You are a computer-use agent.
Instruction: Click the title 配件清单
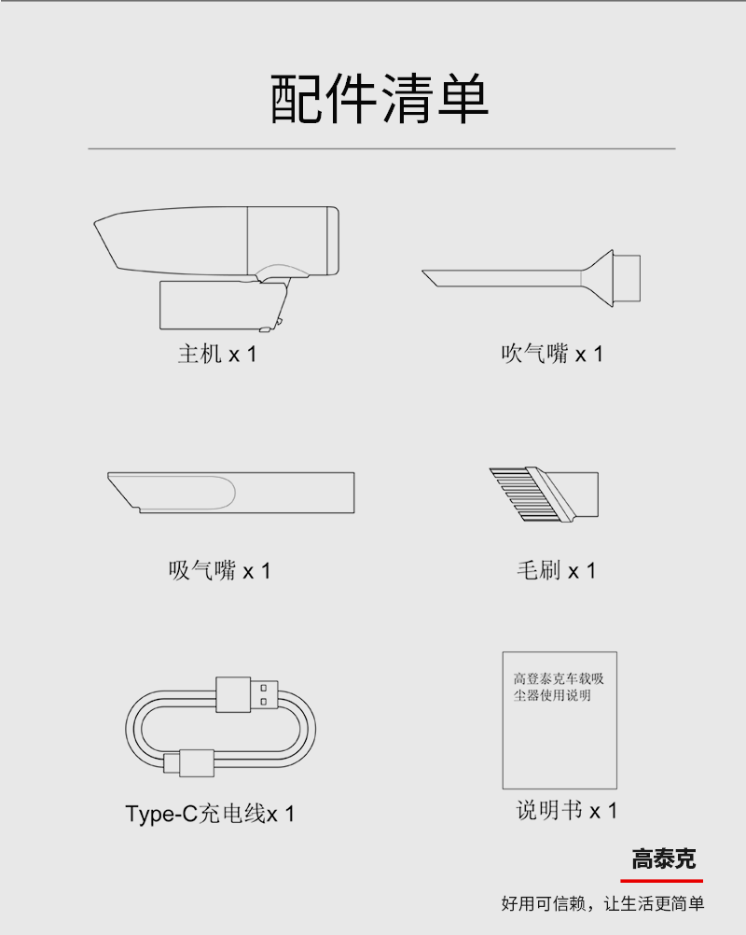pos(380,99)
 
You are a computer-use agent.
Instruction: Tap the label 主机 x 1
pos(217,355)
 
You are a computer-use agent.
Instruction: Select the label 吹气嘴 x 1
pos(552,355)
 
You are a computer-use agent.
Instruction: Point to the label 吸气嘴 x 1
pos(219,571)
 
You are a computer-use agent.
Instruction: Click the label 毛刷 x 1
pos(556,571)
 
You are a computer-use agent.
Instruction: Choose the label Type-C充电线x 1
pos(210,814)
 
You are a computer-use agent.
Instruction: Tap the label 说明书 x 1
pos(567,810)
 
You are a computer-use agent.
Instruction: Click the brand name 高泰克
pos(663,858)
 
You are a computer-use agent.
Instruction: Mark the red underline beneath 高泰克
pos(661,880)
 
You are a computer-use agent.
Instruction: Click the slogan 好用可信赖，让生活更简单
pos(602,903)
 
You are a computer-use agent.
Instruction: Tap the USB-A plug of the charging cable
pos(247,694)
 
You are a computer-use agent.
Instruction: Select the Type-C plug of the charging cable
pos(189,763)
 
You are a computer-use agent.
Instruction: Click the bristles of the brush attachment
pos(516,494)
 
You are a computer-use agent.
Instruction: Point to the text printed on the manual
pos(559,687)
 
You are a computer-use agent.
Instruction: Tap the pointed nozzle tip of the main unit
pos(95,224)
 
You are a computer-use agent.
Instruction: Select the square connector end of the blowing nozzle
pos(627,278)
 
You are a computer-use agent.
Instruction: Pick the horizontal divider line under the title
pos(381,148)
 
